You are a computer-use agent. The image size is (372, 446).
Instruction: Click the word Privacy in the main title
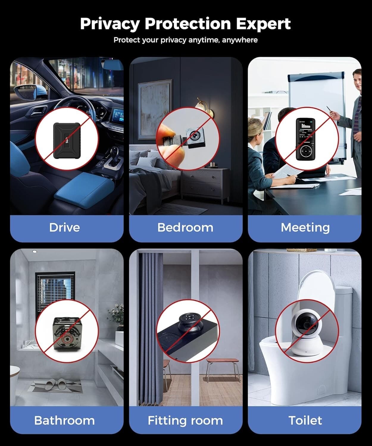coord(109,24)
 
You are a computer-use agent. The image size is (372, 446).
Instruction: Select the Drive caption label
coord(65,227)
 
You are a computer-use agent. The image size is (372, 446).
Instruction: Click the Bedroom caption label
coord(185,227)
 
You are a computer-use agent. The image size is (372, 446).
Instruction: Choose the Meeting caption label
coord(305,227)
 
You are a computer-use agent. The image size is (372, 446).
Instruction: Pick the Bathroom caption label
coord(65,420)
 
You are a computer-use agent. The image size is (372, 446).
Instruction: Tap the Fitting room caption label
coord(185,420)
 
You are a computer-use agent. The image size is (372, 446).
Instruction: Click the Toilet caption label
coord(305,420)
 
